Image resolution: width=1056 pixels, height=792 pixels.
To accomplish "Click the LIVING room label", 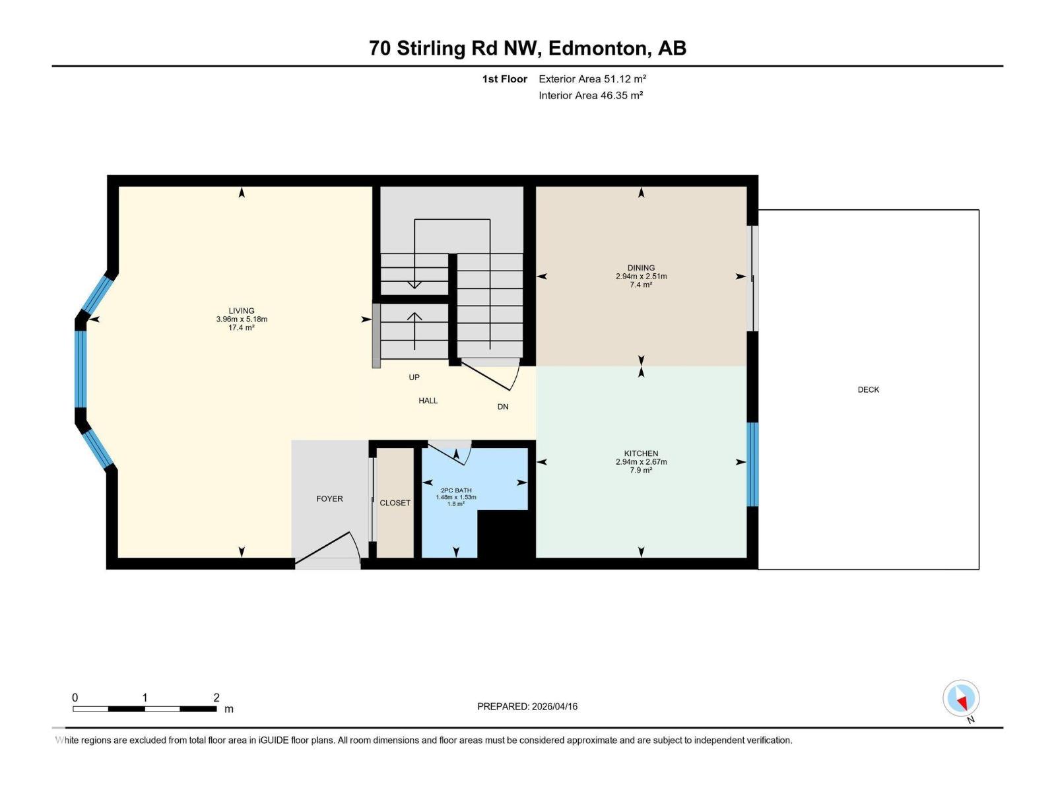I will [x=242, y=311].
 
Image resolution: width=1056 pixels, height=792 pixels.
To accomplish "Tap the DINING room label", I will [x=641, y=268].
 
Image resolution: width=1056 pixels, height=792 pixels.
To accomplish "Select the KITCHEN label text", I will [x=641, y=453].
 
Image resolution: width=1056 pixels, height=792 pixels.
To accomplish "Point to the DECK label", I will [x=868, y=389].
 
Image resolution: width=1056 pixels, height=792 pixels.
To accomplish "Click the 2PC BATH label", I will [x=456, y=490].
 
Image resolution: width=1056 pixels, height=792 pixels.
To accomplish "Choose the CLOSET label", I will [x=395, y=503].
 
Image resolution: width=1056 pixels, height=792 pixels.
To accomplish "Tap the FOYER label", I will [x=329, y=499].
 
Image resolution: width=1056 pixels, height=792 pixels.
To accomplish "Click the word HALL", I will [x=428, y=401].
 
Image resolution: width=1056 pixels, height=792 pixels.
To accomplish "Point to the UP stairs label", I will [x=414, y=378].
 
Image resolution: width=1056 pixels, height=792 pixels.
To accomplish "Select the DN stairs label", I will [x=503, y=407].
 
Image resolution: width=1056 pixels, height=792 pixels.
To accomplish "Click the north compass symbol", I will [x=961, y=699].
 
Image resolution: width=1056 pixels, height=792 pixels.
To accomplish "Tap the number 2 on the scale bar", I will [x=216, y=698].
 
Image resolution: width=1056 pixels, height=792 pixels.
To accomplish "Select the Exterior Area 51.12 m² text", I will [x=592, y=79].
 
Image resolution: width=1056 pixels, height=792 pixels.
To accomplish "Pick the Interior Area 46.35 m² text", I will [x=591, y=95].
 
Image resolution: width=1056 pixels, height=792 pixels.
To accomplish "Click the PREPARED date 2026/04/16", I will [x=527, y=706].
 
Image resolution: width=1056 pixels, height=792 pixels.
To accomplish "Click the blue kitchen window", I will [x=752, y=464].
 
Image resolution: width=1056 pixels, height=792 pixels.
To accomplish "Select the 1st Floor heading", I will [x=504, y=79].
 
